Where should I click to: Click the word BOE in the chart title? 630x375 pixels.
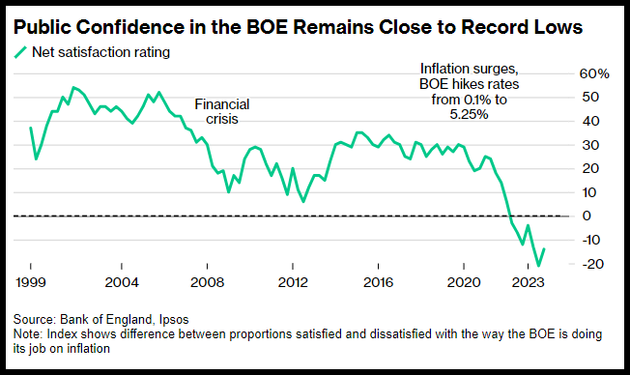coord(267,27)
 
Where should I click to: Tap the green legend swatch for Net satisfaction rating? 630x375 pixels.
coord(20,52)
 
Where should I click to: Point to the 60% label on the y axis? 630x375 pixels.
coord(594,73)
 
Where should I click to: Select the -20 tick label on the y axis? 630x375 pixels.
coord(592,264)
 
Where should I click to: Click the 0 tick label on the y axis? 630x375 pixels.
coord(587,216)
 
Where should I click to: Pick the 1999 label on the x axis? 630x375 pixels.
coord(31,282)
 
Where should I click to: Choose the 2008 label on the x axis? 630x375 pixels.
coord(207,282)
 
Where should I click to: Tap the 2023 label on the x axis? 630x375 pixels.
coord(528,282)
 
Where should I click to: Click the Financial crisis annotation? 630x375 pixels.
coord(222,112)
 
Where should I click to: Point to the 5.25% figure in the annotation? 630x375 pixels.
coord(469,115)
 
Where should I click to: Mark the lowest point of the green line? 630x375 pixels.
coord(538,266)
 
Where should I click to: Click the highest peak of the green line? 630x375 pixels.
coord(73,87)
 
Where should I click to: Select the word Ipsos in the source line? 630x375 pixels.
coord(174,320)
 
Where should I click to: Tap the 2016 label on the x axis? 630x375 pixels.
coord(378,282)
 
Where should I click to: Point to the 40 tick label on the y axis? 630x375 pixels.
coord(590,121)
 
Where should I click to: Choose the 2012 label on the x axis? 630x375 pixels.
coord(293,282)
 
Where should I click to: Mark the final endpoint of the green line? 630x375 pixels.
coord(544,248)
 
